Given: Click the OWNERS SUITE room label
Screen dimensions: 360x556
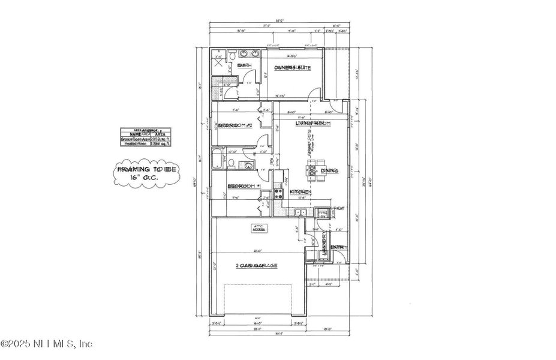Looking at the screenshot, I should pos(292,68).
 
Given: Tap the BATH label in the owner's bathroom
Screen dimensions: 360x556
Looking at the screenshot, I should pos(244,65).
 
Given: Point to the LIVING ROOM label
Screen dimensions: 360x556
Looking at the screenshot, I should pos(309,122).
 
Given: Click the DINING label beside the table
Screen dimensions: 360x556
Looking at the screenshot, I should pos(329,171).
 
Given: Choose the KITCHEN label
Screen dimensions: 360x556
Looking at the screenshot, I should pos(300,192).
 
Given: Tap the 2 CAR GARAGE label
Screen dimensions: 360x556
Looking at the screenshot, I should pos(256,266).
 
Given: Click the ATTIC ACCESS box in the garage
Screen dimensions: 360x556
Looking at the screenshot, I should pos(259,228).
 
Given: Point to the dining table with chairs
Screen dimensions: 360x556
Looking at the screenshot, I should pos(313,170).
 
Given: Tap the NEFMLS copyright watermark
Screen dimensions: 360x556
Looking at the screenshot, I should pos(47,344).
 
